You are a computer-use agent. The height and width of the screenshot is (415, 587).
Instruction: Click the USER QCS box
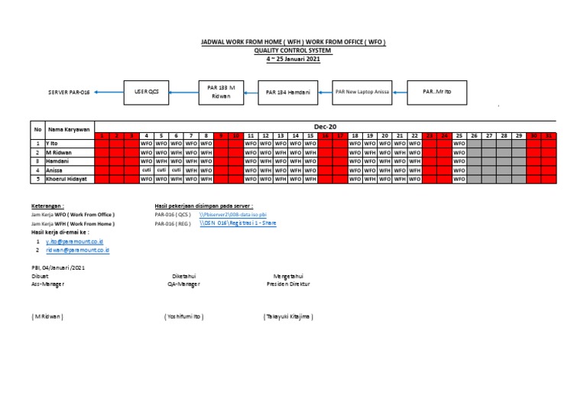(x=147, y=91)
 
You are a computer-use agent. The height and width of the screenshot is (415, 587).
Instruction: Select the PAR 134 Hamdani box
(x=287, y=92)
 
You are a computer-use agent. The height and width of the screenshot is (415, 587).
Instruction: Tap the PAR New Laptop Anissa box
(x=362, y=91)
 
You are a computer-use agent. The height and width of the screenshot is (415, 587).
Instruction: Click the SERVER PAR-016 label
(x=69, y=92)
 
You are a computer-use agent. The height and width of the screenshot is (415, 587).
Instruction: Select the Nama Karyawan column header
(x=70, y=129)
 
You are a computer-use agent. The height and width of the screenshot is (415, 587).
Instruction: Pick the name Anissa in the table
(x=57, y=170)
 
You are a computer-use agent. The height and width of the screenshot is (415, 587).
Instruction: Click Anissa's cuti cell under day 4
(x=147, y=170)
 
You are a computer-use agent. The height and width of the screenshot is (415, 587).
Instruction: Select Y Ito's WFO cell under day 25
(x=459, y=143)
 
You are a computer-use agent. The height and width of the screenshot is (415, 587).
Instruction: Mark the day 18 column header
(x=355, y=135)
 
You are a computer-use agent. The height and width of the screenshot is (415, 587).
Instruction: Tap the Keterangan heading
(x=47, y=206)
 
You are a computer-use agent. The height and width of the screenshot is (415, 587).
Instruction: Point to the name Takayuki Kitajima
(x=288, y=316)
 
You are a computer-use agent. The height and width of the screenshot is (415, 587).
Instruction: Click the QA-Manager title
(x=183, y=284)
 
